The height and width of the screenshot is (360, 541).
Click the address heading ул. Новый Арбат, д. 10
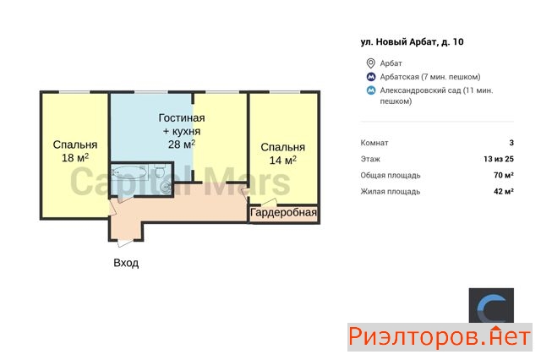click(x=412, y=42)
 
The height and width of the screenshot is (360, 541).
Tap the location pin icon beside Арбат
click(x=370, y=63)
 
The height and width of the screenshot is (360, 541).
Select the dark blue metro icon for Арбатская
click(x=371, y=77)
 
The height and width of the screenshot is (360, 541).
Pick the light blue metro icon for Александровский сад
click(x=371, y=90)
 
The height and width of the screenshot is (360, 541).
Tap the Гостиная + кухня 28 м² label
click(x=182, y=131)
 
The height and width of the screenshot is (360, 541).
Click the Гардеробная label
click(x=283, y=212)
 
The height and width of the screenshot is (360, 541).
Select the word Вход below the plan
click(x=126, y=263)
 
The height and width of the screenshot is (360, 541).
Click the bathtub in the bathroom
click(x=129, y=172)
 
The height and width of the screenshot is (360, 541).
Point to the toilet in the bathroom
click(x=160, y=171)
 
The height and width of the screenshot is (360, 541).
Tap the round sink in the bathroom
click(x=166, y=188)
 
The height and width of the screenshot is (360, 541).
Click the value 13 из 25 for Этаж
click(x=499, y=159)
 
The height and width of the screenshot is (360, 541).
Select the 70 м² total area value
click(x=504, y=175)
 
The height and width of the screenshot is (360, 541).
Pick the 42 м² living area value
click(x=504, y=191)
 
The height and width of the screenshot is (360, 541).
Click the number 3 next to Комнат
click(x=511, y=143)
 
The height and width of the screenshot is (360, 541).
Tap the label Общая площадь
click(x=391, y=176)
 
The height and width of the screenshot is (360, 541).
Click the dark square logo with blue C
click(x=491, y=306)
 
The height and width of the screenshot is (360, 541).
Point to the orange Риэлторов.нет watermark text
click(x=440, y=337)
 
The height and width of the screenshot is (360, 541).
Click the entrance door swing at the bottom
click(x=125, y=243)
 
